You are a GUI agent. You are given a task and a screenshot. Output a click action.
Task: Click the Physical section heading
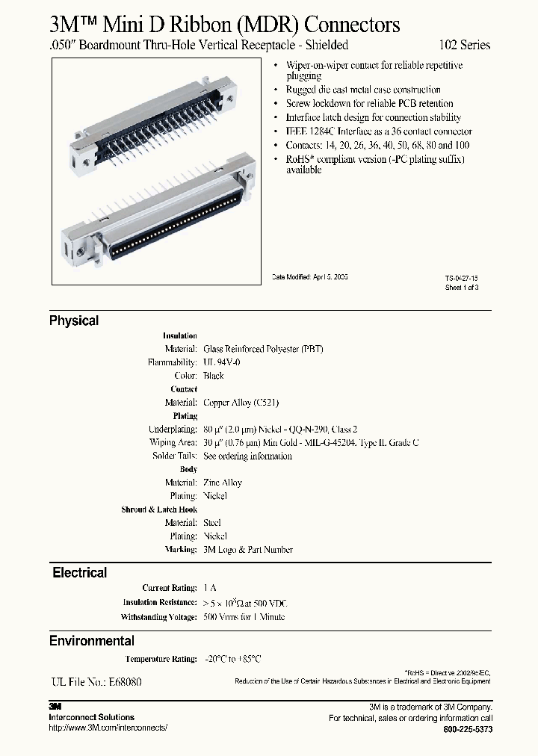74,320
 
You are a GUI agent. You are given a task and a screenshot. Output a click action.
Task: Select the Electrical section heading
79,573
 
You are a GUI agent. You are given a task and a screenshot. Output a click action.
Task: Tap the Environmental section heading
92,641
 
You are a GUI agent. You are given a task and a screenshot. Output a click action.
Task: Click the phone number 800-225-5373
468,728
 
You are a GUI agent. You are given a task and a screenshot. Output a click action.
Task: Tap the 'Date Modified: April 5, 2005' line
309,276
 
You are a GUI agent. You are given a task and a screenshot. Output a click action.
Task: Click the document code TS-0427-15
461,277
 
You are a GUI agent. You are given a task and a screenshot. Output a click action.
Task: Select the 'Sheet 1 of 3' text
461,287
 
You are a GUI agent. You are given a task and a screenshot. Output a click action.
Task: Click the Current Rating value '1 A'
210,589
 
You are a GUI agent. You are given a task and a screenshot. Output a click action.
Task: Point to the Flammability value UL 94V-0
222,362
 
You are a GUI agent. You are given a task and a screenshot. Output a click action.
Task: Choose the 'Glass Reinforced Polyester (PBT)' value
263,349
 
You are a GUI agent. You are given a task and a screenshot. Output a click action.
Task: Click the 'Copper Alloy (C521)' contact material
241,403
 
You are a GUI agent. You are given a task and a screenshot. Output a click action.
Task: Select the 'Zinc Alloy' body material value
223,483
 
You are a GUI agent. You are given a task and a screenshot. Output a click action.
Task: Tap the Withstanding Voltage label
158,617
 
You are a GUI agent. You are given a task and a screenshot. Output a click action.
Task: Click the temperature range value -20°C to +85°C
233,659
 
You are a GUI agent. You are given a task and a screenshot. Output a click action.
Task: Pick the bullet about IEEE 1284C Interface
374,131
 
